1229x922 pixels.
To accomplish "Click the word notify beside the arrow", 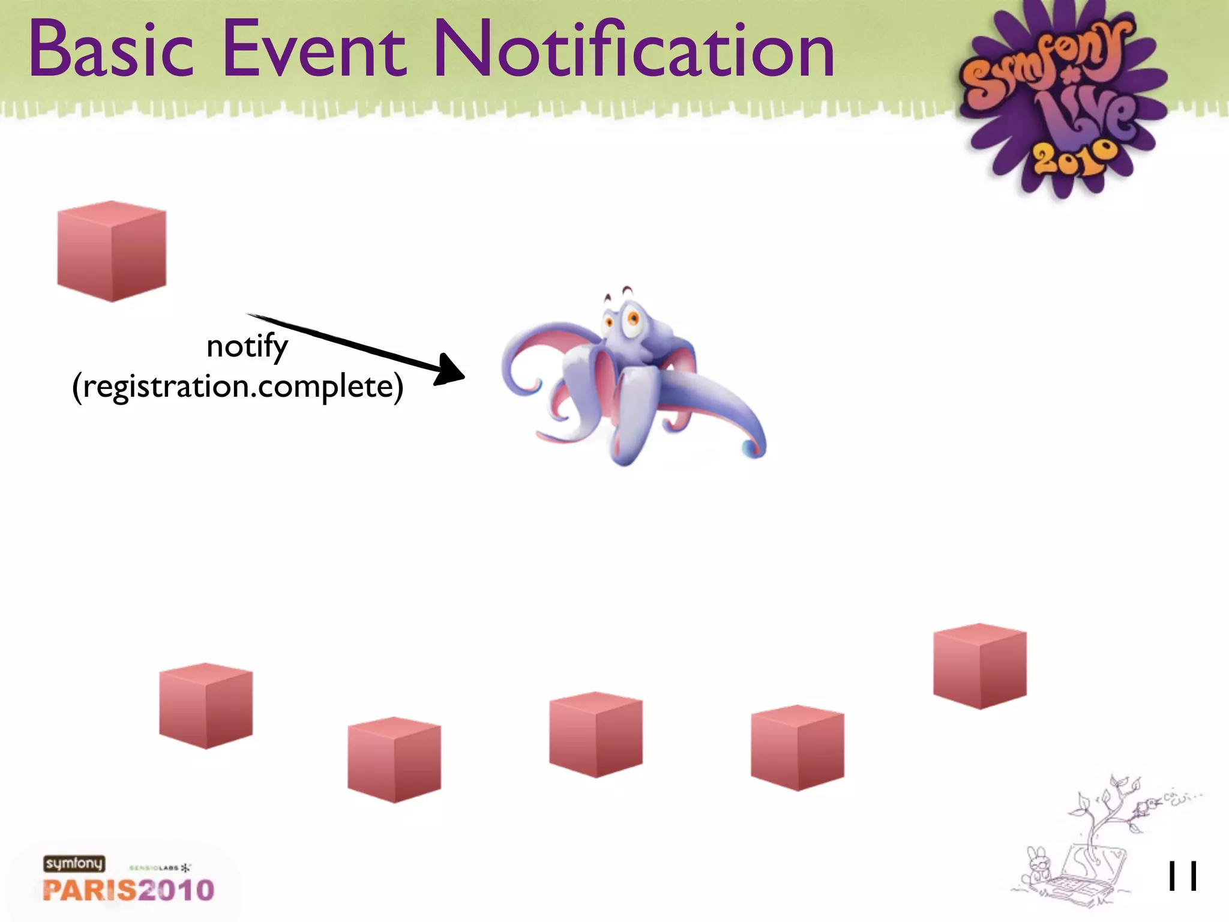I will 247,347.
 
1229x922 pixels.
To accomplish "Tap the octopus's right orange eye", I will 633,318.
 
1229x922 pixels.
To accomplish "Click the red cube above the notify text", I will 112,252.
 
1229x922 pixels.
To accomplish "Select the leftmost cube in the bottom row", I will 206,706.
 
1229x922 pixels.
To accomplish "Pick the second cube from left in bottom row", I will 394,760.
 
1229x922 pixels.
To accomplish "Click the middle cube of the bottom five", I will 596,735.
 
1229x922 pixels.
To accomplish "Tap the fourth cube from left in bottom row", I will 798,748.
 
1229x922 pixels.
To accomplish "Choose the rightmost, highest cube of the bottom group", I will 980,666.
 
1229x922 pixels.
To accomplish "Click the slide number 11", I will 1182,877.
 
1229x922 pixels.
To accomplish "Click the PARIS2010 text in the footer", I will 128,890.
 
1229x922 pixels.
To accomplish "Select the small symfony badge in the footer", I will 74,863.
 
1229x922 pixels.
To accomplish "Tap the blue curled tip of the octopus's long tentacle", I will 751,447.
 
